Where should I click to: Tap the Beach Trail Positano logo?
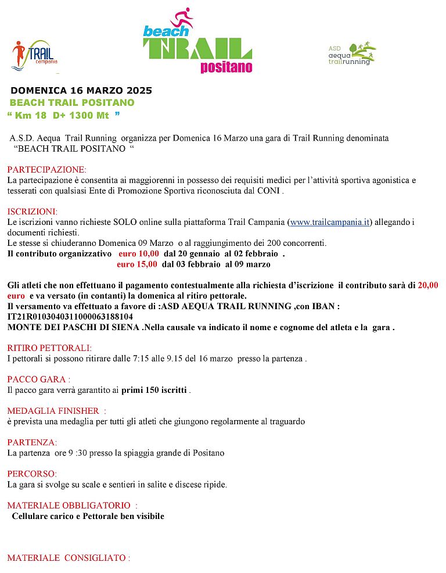[197, 42]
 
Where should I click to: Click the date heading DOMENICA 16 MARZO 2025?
[81, 91]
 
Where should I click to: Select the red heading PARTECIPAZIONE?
[46, 170]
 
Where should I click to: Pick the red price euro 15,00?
[136, 264]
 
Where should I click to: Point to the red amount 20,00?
[428, 285]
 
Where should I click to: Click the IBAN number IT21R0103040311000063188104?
[70, 317]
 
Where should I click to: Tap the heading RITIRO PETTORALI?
[49, 348]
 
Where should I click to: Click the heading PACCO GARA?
[38, 379]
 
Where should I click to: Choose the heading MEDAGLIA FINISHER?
[56, 411]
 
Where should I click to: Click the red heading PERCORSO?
[32, 474]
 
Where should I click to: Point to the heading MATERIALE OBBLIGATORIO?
[71, 506]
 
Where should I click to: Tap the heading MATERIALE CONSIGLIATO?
[67, 558]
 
